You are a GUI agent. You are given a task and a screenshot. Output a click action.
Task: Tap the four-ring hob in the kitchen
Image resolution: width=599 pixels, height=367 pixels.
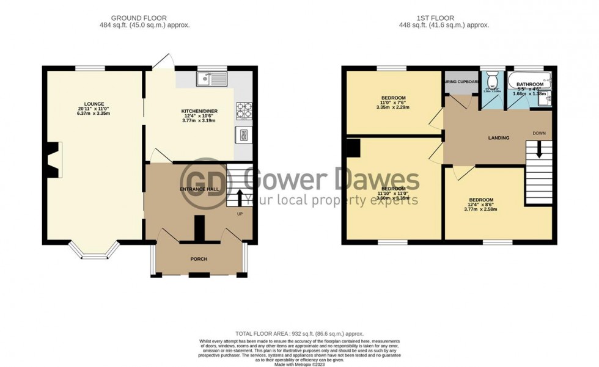(x=244, y=110)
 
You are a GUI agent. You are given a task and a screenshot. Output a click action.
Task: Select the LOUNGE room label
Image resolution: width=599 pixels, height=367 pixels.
(x=95, y=104)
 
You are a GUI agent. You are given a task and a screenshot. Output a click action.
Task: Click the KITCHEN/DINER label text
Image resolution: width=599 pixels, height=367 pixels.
(x=199, y=111)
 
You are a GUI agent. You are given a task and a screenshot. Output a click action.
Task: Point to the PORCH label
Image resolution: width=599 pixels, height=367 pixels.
(x=199, y=259)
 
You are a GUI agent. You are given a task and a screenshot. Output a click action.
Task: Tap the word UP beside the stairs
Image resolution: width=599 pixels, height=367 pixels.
(x=240, y=214)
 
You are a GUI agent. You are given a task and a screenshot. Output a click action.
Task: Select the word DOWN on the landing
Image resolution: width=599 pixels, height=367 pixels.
(x=539, y=133)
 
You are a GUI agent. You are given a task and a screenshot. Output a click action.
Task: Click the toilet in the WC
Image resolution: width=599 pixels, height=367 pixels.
(x=491, y=81)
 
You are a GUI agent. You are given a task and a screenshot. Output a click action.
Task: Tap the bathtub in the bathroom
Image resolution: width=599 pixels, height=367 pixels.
(x=529, y=78)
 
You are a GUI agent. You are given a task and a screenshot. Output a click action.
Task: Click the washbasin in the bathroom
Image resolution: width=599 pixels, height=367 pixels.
(x=548, y=99)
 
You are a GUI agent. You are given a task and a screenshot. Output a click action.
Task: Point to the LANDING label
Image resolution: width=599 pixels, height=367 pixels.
(x=499, y=138)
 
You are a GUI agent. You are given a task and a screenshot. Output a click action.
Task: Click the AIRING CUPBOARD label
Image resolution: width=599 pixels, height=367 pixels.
(x=461, y=81)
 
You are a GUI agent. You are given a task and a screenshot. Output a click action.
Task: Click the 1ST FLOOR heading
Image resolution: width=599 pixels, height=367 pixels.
(x=449, y=18)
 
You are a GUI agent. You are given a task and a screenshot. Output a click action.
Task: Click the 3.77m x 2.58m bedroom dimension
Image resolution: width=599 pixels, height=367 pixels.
(x=482, y=209)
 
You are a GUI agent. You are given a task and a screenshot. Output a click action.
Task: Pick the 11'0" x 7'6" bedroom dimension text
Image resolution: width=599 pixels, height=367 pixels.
(x=393, y=103)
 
